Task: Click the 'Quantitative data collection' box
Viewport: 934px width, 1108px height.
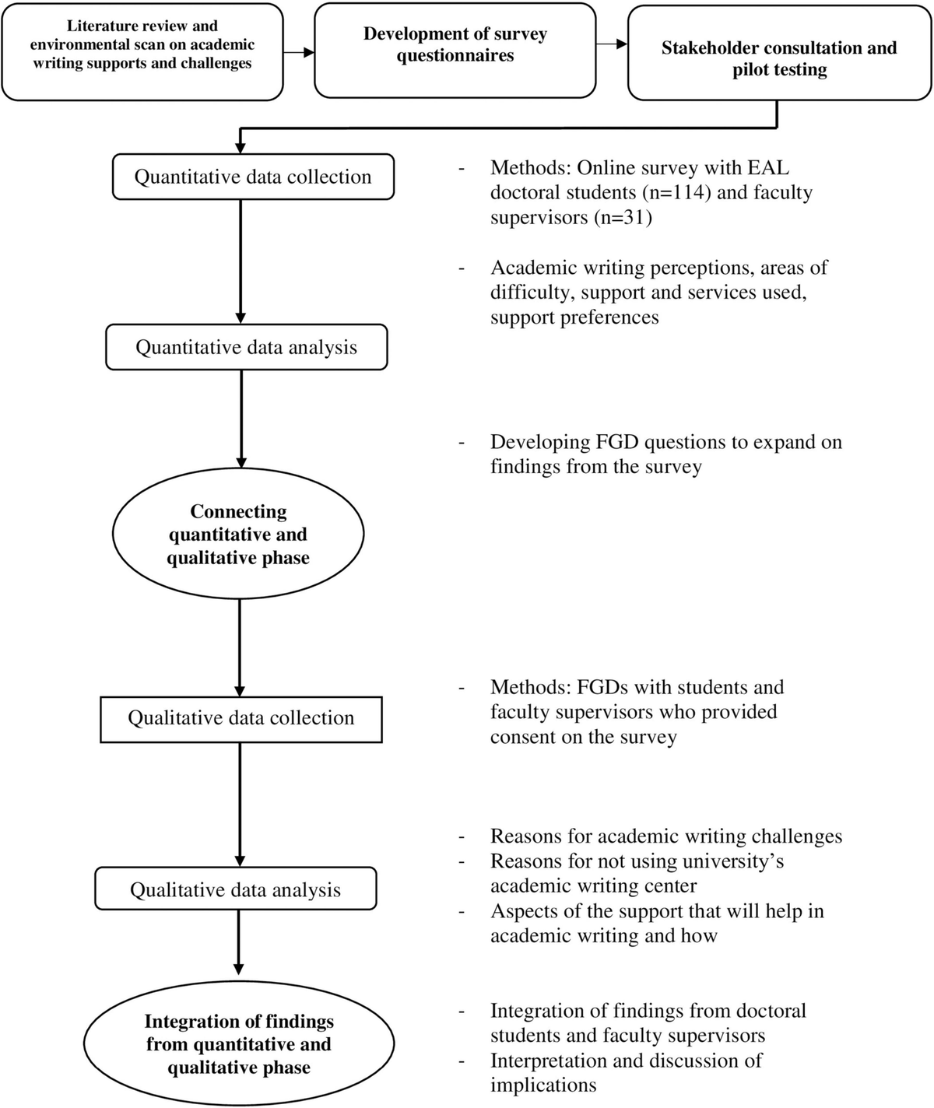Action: (x=253, y=177)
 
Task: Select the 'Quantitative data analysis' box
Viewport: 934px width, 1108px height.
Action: (x=247, y=347)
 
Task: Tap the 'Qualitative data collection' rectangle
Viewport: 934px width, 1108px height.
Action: (x=241, y=719)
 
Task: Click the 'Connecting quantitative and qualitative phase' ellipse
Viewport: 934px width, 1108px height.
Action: (x=238, y=534)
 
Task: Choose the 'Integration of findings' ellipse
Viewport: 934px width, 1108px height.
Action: (x=239, y=1043)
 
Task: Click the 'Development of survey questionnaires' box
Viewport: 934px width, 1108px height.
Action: (x=455, y=51)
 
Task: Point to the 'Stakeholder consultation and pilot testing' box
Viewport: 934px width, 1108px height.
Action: (x=779, y=53)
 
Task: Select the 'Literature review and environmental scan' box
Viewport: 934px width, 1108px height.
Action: (x=142, y=51)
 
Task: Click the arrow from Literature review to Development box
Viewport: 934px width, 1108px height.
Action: (x=299, y=52)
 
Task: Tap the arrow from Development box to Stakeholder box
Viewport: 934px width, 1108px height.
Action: (x=612, y=44)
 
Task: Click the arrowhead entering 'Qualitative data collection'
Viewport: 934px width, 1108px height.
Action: (x=240, y=690)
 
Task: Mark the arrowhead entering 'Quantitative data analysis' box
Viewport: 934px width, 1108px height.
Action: (x=241, y=318)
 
